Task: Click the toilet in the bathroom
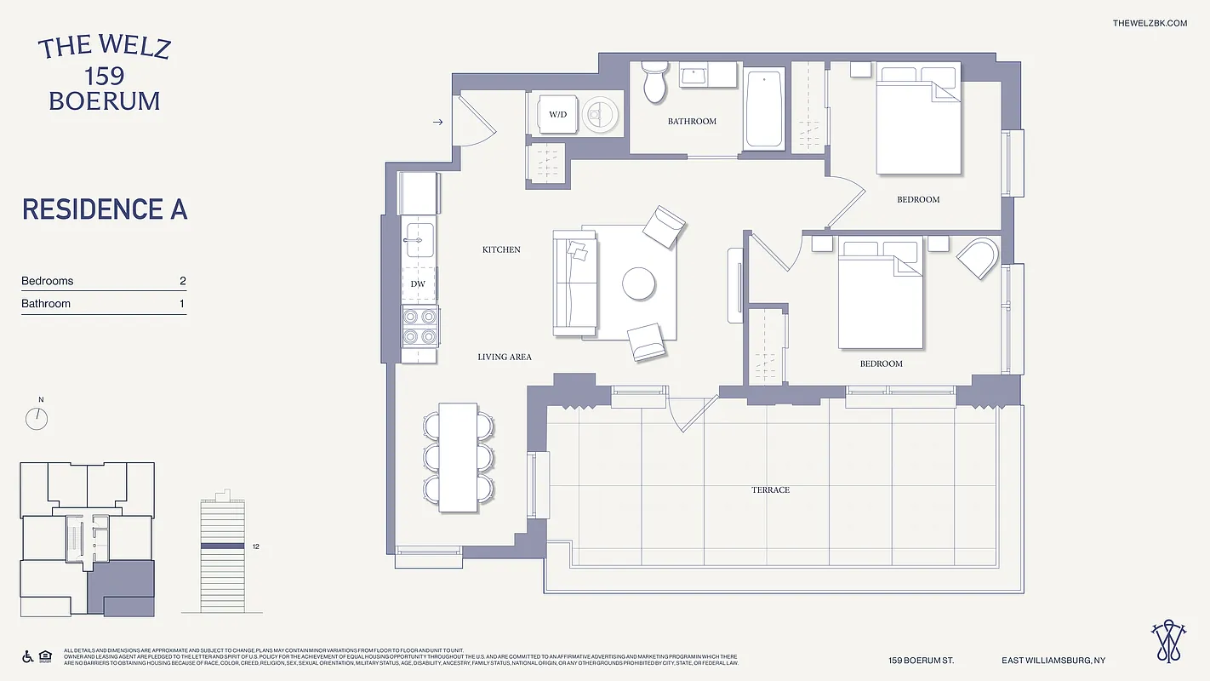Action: (654, 82)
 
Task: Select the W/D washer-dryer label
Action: (557, 114)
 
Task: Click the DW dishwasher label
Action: (418, 284)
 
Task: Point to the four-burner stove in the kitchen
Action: (420, 326)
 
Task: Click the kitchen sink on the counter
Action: (418, 239)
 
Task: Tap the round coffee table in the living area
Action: (638, 283)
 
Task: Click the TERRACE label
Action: (770, 490)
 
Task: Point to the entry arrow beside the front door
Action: (438, 123)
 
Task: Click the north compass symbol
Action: (37, 418)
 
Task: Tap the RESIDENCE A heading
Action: (105, 209)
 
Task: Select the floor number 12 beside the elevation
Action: (255, 547)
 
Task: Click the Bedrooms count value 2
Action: (182, 281)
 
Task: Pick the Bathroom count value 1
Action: (182, 304)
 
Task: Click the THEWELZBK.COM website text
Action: (1149, 23)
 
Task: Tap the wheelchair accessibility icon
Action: (27, 656)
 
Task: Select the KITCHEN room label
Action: (501, 250)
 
